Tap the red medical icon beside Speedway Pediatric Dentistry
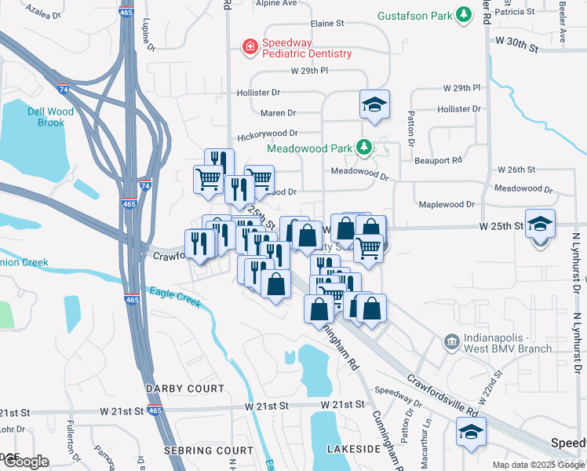pos(250,48)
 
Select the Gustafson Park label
pos(415,15)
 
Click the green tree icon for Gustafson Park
pos(465,14)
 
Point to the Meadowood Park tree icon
pos(363,147)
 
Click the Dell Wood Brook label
pos(50,117)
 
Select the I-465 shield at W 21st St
pos(155,411)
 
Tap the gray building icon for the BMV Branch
pos(451,341)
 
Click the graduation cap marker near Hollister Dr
pos(375,104)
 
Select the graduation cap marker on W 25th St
pos(540,224)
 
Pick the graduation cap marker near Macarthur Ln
pos(471,432)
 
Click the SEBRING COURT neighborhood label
pos(209,451)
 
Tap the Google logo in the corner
pos(25,461)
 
